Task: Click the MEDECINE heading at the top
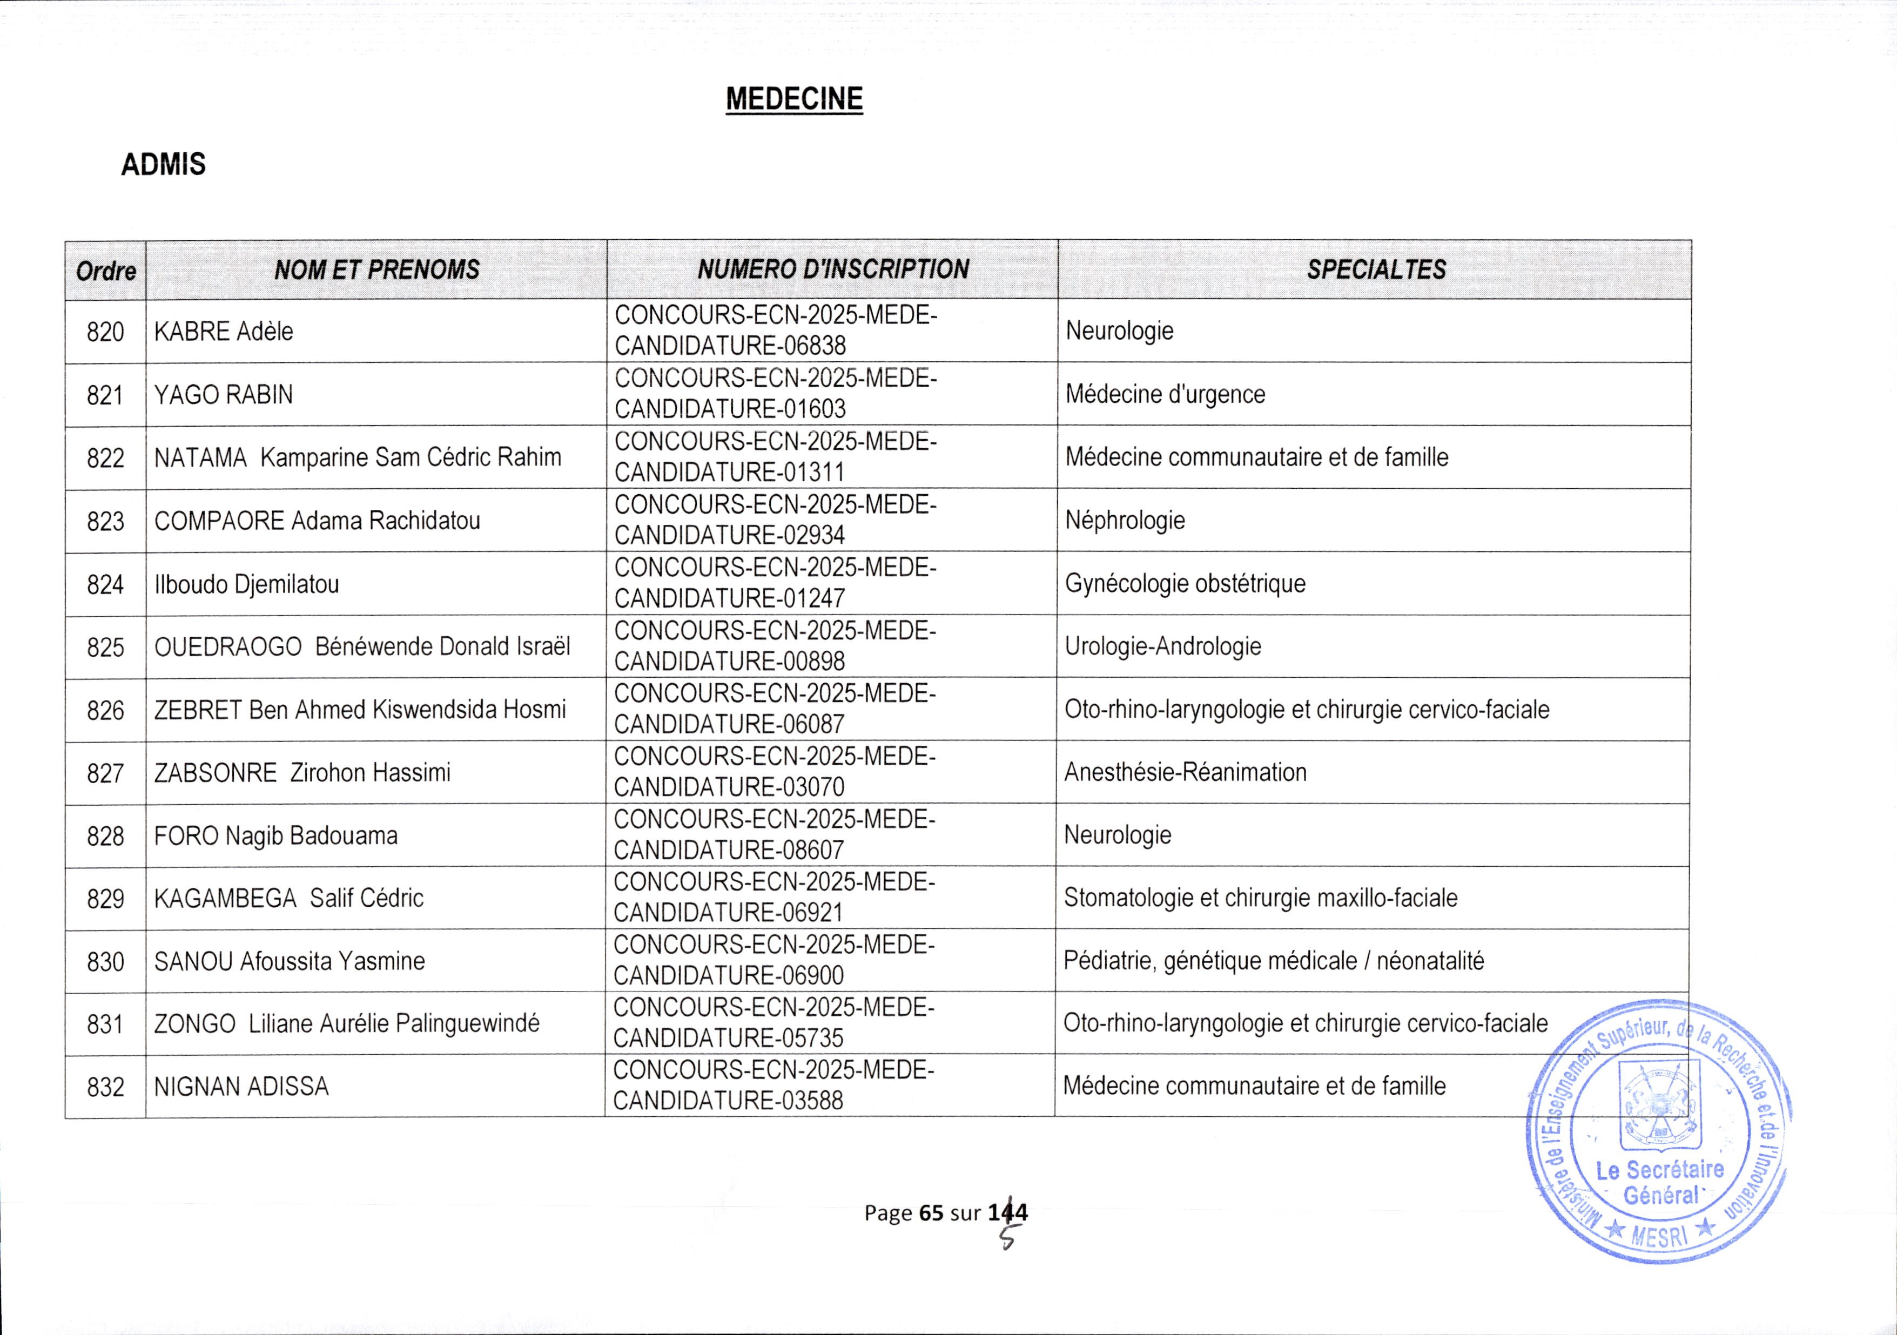click(794, 99)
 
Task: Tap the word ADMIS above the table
click(164, 164)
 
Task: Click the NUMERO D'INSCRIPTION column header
click(833, 269)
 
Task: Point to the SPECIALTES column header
click(1376, 269)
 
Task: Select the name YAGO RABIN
click(224, 395)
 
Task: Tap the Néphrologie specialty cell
click(1125, 521)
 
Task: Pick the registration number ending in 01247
click(775, 583)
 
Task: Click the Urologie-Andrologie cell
click(1162, 646)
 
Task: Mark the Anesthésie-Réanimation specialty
click(1185, 772)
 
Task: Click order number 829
click(106, 899)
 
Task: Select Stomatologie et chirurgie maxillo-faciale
click(1260, 898)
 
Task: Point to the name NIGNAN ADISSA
click(241, 1087)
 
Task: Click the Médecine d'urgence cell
click(1165, 394)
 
